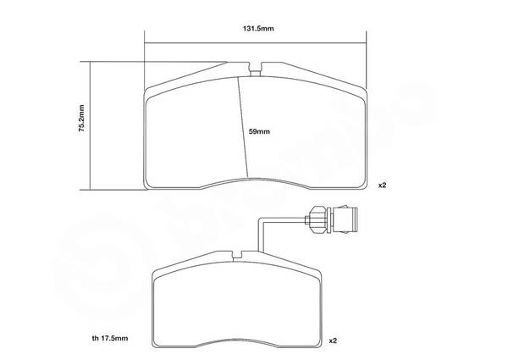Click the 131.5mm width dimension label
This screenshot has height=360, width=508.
(258, 29)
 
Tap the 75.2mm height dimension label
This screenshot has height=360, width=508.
(81, 118)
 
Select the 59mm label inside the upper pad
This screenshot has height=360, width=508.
(259, 131)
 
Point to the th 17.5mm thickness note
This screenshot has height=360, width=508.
(110, 338)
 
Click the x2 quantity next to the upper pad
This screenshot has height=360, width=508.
(383, 186)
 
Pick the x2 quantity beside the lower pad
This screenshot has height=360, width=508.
(333, 341)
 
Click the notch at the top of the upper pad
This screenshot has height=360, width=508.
(256, 69)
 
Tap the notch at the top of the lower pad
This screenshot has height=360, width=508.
(238, 255)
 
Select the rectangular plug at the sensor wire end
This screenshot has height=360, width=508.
(345, 220)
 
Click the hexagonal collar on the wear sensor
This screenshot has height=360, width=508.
(317, 220)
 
